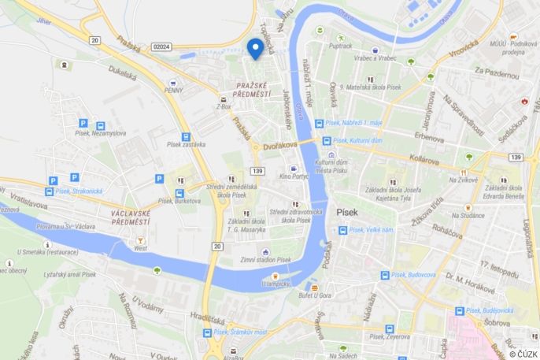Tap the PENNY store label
point(175,91)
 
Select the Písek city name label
point(346,212)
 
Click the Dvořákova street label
point(279,145)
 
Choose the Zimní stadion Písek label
point(265,260)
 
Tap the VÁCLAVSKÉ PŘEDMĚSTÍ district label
point(135,217)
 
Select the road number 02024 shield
point(161,46)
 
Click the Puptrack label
point(340,46)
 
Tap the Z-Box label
point(223,106)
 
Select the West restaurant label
point(140,247)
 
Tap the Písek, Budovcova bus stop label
point(413,275)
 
